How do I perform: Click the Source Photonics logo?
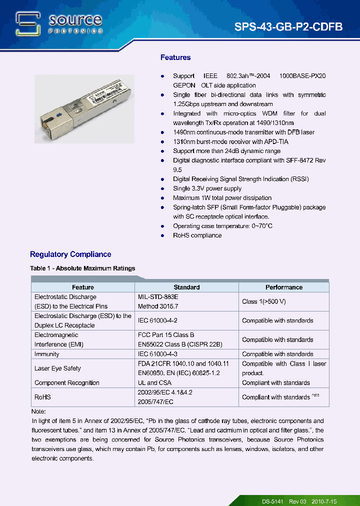(59, 24)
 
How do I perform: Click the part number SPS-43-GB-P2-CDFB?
(288, 27)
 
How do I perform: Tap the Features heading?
(175, 57)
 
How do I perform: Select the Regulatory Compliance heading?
(70, 254)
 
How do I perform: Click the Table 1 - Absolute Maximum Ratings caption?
(82, 268)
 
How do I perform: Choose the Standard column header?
(186, 287)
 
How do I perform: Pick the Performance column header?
(283, 287)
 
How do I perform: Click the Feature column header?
(82, 287)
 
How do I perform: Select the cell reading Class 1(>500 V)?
(263, 301)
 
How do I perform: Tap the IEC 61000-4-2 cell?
(157, 320)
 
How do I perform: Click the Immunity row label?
(47, 354)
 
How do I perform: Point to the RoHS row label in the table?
(42, 397)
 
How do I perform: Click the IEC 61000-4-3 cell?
(157, 354)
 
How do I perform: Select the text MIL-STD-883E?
(158, 297)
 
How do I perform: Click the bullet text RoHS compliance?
(197, 235)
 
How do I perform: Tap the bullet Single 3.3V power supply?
(207, 188)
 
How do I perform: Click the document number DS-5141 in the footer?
(273, 501)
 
